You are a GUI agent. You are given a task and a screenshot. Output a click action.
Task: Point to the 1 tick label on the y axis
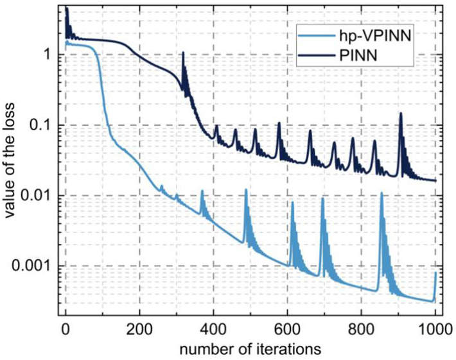click(x=45, y=55)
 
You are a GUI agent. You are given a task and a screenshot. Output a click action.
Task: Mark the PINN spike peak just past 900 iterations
click(x=401, y=113)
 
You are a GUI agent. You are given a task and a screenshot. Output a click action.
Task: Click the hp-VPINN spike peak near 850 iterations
click(x=381, y=192)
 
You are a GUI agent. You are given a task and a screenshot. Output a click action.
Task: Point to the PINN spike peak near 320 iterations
click(x=184, y=53)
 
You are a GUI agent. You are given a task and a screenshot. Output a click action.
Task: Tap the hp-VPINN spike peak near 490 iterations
click(x=246, y=189)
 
